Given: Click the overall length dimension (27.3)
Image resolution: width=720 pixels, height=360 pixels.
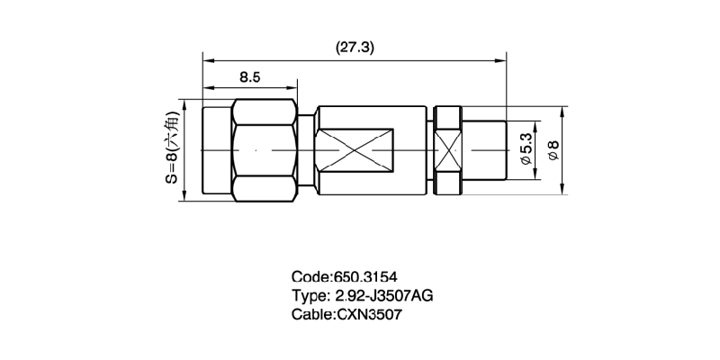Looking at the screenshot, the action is (x=355, y=48).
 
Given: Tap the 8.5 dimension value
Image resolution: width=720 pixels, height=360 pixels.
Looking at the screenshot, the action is (x=250, y=77).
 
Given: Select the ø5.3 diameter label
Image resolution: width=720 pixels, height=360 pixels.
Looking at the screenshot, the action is (x=526, y=149).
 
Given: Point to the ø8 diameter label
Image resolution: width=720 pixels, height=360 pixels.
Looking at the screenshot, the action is (x=553, y=150).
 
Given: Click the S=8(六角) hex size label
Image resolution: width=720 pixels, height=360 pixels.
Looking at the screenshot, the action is (x=172, y=147).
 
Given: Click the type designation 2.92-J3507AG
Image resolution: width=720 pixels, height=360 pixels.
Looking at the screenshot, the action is (x=382, y=296).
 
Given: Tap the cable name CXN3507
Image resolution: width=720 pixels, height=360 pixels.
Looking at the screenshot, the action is (x=370, y=314).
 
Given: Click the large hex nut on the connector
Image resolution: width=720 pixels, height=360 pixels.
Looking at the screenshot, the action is (x=264, y=150).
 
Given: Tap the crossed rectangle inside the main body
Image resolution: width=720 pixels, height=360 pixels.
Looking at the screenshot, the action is (x=354, y=150).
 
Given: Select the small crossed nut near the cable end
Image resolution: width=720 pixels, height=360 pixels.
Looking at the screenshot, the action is (x=448, y=150).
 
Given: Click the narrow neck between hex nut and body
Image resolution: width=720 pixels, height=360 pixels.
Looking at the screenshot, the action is (x=306, y=150).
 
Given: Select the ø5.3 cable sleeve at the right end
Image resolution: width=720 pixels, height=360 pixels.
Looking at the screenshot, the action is (x=484, y=150).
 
